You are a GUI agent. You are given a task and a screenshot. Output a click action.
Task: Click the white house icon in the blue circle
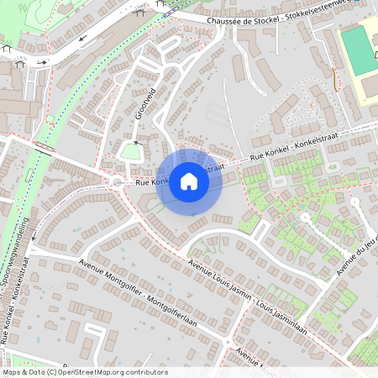[x=189, y=181]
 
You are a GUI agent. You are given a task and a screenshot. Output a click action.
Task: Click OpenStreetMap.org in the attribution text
[x=90, y=372]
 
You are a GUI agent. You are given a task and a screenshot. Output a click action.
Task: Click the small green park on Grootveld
[x=129, y=152]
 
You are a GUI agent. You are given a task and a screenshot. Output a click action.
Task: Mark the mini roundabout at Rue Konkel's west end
[x=115, y=182]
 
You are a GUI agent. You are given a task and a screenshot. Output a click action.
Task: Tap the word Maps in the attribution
[x=11, y=372]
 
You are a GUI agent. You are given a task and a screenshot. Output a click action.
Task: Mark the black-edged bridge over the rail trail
[x=40, y=149]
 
